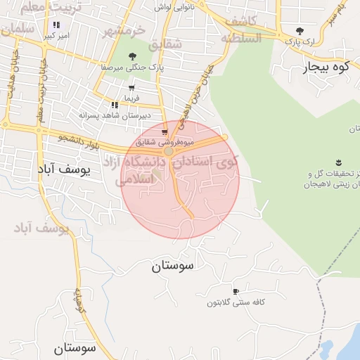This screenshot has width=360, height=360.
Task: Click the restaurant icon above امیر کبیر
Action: click(56, 25)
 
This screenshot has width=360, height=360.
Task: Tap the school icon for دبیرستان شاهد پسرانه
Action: click(114, 105)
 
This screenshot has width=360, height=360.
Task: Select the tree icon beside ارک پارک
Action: click(300, 31)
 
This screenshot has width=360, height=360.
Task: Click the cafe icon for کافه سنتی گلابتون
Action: click(236, 291)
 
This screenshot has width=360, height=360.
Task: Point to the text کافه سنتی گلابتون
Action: click(236, 302)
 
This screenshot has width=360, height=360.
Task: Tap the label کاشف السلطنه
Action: click(243, 31)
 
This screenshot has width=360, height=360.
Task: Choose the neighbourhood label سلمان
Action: click(18, 30)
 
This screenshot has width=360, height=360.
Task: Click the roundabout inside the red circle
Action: click(169, 150)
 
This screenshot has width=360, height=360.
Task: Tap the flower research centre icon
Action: click(339, 163)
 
